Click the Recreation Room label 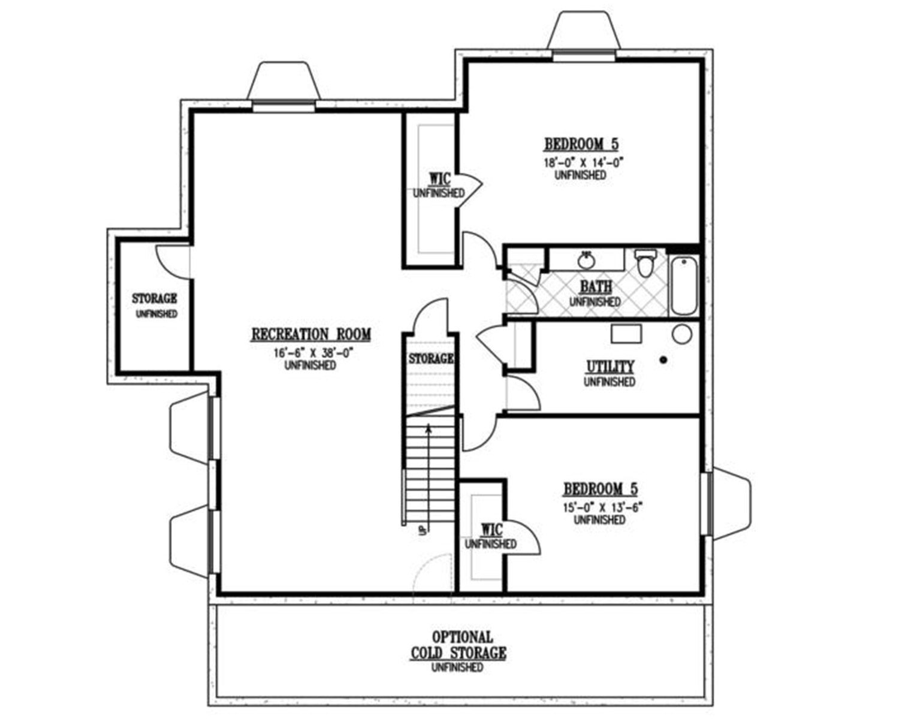(x=311, y=335)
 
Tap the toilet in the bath (x=645, y=263)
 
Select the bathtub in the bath (x=684, y=286)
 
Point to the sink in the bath (x=587, y=261)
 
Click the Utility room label (x=610, y=367)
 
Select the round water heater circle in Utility (x=682, y=334)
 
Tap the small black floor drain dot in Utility (x=663, y=359)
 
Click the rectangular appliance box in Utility (x=626, y=334)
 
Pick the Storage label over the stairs (x=431, y=358)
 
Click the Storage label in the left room (x=155, y=298)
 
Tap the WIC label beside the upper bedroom (x=440, y=180)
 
